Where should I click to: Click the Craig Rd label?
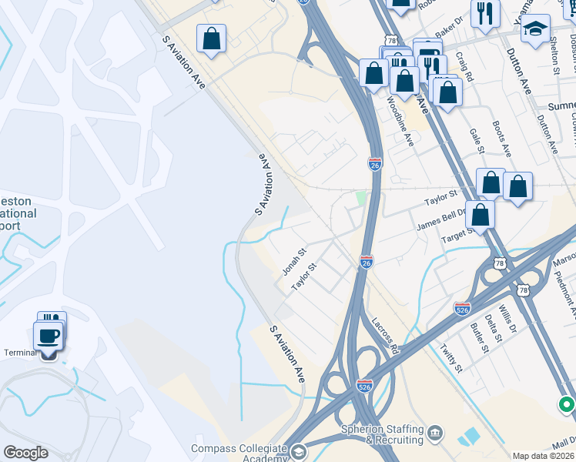[x=464, y=67]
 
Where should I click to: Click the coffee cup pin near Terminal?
[x=49, y=336]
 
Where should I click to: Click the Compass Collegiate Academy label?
[x=239, y=453]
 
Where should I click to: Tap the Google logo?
[x=26, y=453]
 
